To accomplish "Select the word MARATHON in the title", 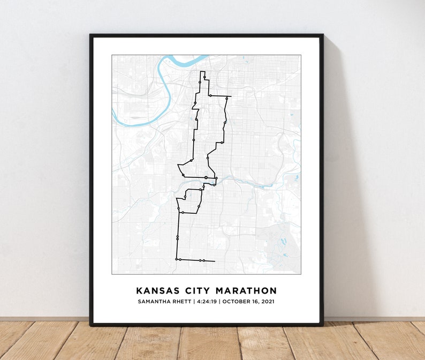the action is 246,291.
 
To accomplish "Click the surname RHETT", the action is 184,302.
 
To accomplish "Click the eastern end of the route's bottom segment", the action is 215,261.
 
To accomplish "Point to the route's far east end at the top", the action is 231,97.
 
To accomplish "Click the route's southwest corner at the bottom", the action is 176,259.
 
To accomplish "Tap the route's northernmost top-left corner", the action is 201,72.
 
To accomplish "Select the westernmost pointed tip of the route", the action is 178,165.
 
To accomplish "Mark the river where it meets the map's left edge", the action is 113,111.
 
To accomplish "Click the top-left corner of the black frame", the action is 90,35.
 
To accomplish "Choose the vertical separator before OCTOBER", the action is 219,302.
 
